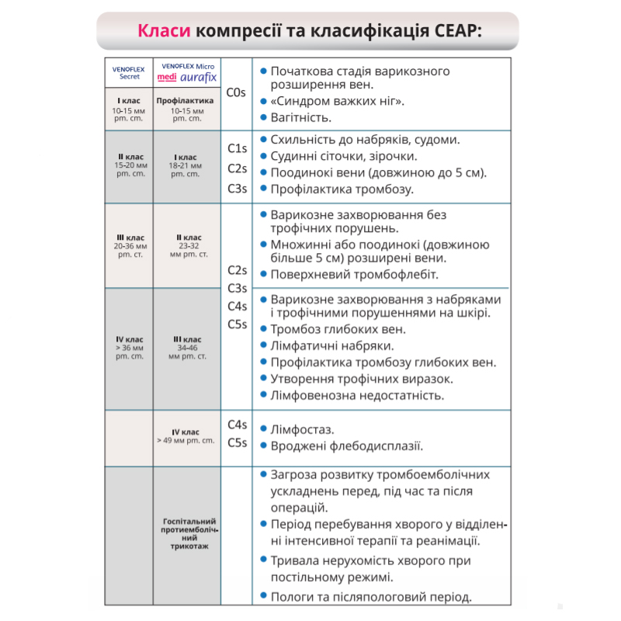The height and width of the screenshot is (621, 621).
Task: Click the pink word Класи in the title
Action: (x=164, y=31)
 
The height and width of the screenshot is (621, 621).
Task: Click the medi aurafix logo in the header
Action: (x=187, y=78)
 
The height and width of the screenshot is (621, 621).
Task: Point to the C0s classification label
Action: (x=236, y=92)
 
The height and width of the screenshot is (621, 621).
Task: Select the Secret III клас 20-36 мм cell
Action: (x=130, y=245)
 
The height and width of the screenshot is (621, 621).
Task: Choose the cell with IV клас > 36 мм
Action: (x=130, y=348)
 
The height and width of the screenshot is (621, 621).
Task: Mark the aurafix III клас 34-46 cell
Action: (x=187, y=348)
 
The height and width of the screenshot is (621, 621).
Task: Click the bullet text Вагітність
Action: (x=301, y=118)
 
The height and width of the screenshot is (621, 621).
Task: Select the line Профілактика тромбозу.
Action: (x=342, y=189)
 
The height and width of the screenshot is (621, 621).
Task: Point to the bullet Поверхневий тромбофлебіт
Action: (x=355, y=274)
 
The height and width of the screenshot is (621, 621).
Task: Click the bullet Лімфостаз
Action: (x=302, y=428)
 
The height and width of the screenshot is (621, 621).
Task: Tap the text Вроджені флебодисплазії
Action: (x=346, y=446)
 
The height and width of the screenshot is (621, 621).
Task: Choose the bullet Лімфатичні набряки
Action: (x=331, y=345)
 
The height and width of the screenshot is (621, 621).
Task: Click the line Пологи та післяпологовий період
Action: (x=371, y=596)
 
